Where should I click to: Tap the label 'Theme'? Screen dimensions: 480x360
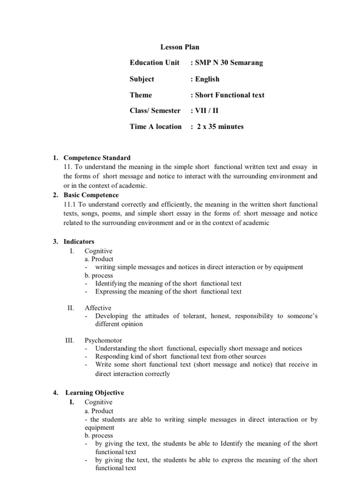141,95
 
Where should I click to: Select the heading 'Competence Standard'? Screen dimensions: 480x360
97,158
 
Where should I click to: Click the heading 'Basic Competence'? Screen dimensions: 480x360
91,195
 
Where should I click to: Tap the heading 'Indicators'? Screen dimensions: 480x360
79,242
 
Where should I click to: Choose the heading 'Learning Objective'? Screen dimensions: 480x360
95,393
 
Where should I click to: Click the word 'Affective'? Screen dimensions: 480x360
98,308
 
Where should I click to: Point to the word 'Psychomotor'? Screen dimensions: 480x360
102,340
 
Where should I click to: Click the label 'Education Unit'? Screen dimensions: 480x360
155,63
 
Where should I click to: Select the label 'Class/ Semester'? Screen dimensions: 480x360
155,111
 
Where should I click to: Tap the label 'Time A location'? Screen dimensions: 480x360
156,127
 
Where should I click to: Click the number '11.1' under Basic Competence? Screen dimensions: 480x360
70,204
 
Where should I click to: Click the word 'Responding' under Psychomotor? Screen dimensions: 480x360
112,357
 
